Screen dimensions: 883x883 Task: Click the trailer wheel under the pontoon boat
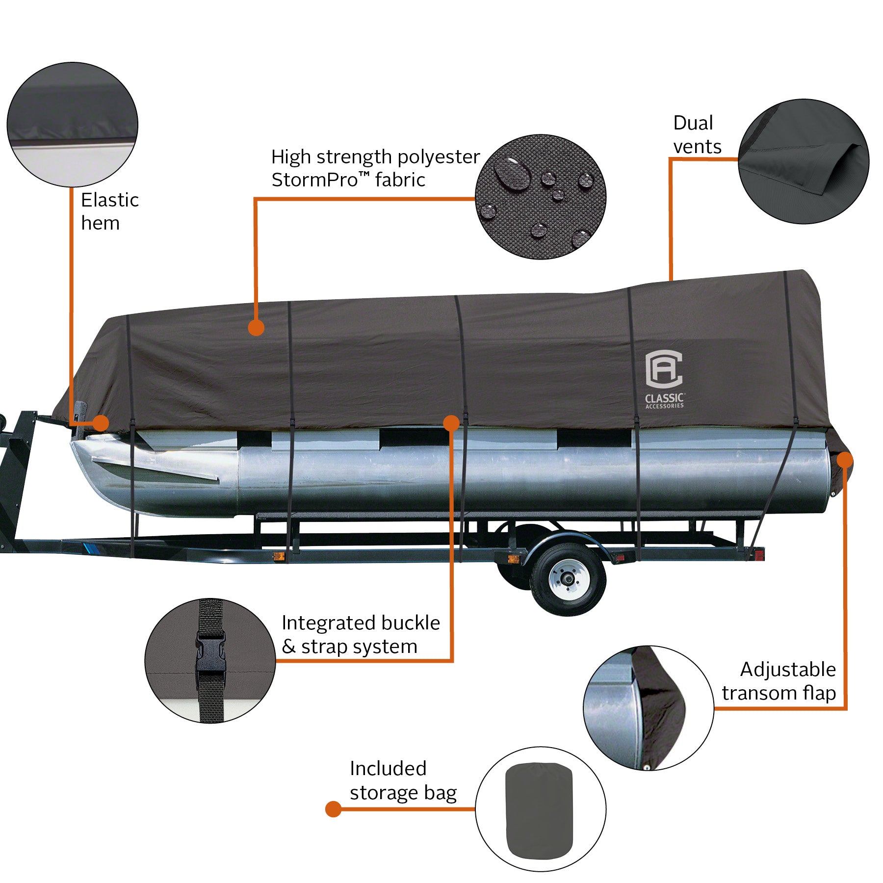click(x=568, y=579)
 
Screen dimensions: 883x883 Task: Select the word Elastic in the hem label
click(x=110, y=200)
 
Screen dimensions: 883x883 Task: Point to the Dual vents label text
click(x=697, y=135)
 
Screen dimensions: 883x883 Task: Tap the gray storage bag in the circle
click(x=539, y=810)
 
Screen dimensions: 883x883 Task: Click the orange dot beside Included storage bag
click(x=334, y=809)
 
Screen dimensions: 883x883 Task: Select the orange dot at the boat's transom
click(x=845, y=460)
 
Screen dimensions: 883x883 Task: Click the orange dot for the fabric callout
click(x=256, y=328)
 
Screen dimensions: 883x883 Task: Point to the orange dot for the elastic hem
click(x=101, y=422)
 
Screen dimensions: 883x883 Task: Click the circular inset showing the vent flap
click(x=803, y=161)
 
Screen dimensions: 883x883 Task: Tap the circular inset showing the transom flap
click(x=648, y=707)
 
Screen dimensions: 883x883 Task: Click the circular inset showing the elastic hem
click(x=72, y=125)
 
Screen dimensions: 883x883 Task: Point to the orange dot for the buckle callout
click(x=451, y=422)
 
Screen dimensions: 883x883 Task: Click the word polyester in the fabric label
click(x=438, y=157)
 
